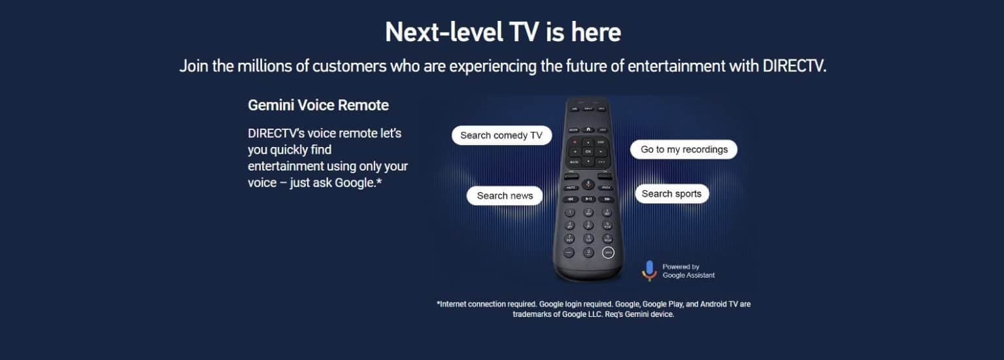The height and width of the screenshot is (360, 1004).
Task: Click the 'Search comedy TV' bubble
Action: (501, 135)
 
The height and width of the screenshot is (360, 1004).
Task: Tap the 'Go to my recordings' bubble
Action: (684, 150)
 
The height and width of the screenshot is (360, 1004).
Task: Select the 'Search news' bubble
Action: (505, 195)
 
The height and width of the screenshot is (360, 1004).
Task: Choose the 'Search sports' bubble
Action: (671, 193)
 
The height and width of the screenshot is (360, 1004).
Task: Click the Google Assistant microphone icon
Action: (649, 270)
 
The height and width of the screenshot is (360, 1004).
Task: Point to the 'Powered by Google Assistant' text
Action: (688, 271)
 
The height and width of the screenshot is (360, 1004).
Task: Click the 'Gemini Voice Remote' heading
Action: (318, 105)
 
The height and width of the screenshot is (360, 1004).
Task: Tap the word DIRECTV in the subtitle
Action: (794, 66)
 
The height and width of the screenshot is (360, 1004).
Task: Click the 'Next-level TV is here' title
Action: (503, 31)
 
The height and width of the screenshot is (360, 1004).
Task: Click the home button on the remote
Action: (588, 129)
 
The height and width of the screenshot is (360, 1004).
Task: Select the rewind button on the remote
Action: (570, 199)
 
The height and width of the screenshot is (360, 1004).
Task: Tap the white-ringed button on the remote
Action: (608, 252)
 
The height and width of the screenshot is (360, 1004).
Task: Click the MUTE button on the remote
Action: (570, 188)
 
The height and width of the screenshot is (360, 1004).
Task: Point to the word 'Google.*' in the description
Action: (358, 183)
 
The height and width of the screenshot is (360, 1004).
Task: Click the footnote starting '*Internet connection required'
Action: (593, 309)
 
